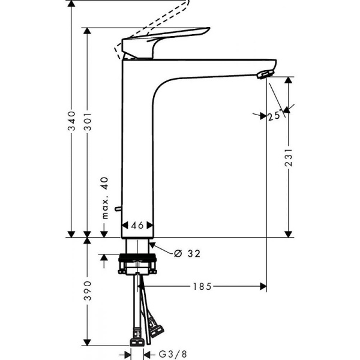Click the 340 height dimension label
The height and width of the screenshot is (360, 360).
71,121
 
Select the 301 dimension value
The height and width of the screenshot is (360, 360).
88,121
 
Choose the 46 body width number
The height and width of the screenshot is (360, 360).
137,226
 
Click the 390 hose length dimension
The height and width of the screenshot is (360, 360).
88,290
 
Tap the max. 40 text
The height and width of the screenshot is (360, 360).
104,199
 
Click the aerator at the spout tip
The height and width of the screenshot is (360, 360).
263,74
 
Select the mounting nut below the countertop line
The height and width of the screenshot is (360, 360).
138,263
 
